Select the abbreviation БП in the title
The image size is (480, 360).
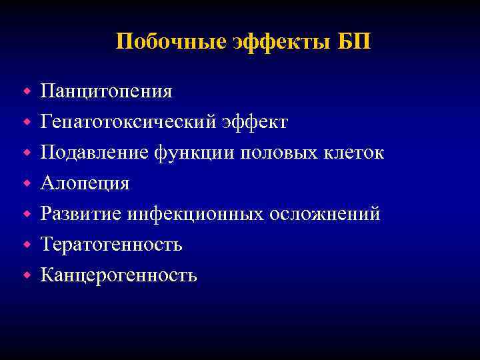click(355, 42)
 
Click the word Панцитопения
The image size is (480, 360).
click(107, 91)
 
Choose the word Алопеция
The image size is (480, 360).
click(85, 183)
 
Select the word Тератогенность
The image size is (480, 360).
click(111, 245)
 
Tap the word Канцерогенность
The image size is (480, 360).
click(119, 275)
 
